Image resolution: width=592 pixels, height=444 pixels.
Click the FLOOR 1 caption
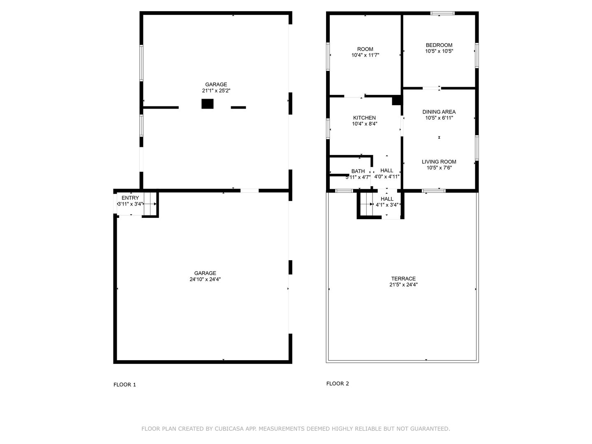tap(125, 385)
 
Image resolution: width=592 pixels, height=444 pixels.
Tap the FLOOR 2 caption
tap(338, 384)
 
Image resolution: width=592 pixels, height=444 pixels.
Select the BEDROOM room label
tap(439, 45)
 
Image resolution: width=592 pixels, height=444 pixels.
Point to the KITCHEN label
tap(364, 118)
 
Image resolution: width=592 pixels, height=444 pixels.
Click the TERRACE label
tap(403, 278)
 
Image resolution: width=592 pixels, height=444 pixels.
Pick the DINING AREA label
tap(439, 111)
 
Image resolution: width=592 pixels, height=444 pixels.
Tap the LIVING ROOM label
tap(439, 162)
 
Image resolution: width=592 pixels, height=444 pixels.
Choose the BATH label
tap(358, 171)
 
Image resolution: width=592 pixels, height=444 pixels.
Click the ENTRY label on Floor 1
tap(130, 198)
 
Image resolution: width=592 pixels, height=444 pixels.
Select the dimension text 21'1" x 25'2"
tap(216, 91)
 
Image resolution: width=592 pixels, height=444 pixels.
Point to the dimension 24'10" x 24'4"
tap(205, 279)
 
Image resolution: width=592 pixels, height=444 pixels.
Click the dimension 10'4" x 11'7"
tap(365, 55)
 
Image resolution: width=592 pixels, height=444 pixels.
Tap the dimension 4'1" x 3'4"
tap(387, 205)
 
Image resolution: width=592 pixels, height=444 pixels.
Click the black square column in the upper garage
tap(207, 104)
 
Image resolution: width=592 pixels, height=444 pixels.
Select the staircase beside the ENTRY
tap(150, 204)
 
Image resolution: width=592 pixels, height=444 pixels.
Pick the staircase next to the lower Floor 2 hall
tap(367, 204)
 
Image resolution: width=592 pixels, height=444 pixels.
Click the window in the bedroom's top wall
tap(442, 13)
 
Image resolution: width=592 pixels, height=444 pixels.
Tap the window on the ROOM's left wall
tap(328, 57)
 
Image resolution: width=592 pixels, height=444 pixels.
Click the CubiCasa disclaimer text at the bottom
tap(296, 429)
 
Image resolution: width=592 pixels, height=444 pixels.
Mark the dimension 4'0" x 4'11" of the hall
tap(387, 177)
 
